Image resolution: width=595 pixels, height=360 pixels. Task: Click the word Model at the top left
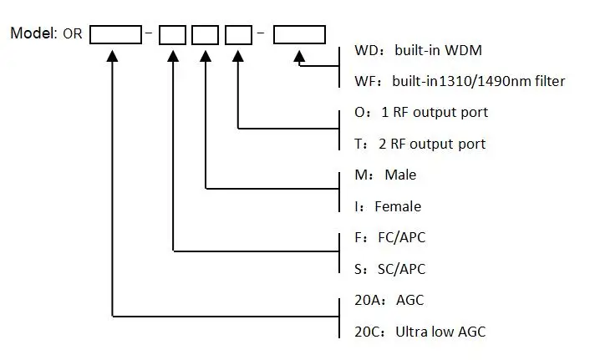[33, 33]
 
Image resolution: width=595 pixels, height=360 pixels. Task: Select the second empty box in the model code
[172, 35]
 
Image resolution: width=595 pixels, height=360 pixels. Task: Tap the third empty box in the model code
[205, 35]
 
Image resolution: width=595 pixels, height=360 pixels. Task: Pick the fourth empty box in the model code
[239, 35]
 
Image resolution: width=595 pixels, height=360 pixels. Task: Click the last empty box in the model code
[299, 35]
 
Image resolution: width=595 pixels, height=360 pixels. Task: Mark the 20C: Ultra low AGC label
[414, 332]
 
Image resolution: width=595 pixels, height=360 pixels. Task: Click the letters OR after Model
[74, 34]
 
